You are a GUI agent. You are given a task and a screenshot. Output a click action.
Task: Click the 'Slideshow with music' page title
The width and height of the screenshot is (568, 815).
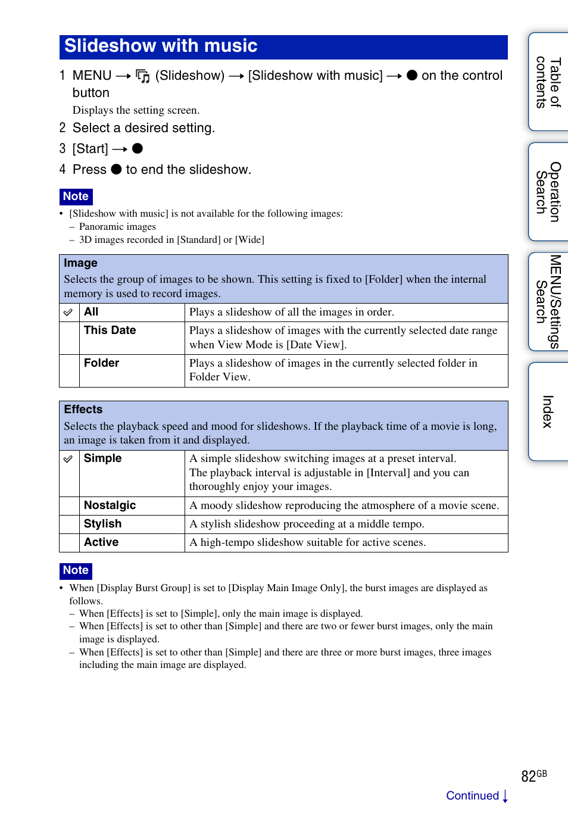pyautogui.click(x=161, y=46)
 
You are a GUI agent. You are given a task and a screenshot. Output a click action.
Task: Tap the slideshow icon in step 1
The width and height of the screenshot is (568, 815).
pyautogui.click(x=143, y=76)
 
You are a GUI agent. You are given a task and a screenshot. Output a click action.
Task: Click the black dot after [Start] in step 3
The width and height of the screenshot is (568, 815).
pyautogui.click(x=138, y=149)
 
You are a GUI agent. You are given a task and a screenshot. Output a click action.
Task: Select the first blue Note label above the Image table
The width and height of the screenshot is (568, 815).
pyautogui.click(x=76, y=196)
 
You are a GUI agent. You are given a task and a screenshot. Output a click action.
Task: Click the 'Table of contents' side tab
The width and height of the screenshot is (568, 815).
pyautogui.click(x=548, y=82)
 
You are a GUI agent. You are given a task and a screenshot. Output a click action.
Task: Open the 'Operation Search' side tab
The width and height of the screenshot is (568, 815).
pyautogui.click(x=548, y=192)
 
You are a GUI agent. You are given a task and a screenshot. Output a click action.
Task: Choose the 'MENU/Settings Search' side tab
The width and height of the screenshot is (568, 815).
pyautogui.click(x=548, y=301)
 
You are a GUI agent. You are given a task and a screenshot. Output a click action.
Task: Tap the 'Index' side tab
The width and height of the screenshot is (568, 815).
pyautogui.click(x=548, y=411)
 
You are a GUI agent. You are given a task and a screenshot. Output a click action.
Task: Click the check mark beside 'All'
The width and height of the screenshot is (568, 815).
pyautogui.click(x=68, y=313)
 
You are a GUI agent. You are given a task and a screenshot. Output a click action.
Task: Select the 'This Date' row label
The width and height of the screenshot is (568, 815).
pyautogui.click(x=110, y=330)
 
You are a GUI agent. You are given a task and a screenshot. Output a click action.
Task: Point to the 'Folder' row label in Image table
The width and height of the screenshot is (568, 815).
pyautogui.click(x=101, y=363)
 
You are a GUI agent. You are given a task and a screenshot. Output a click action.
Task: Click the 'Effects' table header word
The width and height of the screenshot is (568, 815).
pyautogui.click(x=83, y=410)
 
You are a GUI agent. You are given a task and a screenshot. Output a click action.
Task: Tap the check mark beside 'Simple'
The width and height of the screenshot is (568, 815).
pyautogui.click(x=68, y=459)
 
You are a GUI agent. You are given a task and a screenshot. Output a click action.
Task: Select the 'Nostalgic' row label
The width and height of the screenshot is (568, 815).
pyautogui.click(x=110, y=505)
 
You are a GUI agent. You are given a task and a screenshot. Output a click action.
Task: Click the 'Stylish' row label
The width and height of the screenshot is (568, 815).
pyautogui.click(x=102, y=524)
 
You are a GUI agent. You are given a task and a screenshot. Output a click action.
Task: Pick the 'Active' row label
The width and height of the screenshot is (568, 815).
pyautogui.click(x=101, y=542)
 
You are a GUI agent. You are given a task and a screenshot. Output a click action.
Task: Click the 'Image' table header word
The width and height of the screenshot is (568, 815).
pyautogui.click(x=80, y=263)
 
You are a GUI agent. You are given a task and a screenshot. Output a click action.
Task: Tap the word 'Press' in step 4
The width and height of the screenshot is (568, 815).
pyautogui.click(x=89, y=170)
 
